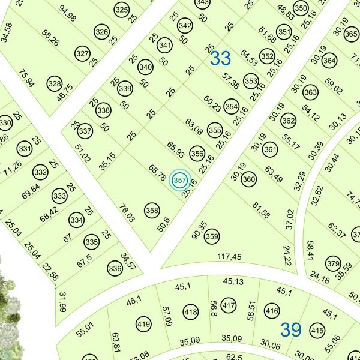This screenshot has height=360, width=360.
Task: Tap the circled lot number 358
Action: point(152,211)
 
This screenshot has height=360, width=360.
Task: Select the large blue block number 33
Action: point(221,59)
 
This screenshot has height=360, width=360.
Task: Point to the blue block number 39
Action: point(291,329)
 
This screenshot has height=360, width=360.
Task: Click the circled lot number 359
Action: point(212,237)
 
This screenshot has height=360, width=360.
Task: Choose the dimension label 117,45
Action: point(230,257)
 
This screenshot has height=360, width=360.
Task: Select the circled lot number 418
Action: point(191,312)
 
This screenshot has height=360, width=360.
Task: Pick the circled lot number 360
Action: point(248,179)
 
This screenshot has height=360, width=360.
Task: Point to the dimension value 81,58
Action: point(261,211)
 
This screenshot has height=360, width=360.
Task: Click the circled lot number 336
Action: point(115,268)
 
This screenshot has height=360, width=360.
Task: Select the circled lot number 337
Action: point(85,131)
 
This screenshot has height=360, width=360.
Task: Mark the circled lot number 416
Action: point(272,311)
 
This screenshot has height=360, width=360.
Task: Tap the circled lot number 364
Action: point(329,61)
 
